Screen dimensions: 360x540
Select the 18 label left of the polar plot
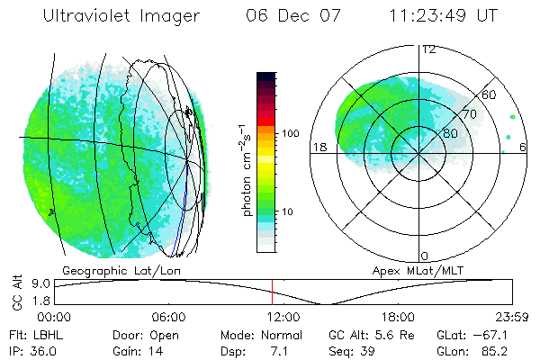coord(319,148)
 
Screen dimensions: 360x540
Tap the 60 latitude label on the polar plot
coord(490,94)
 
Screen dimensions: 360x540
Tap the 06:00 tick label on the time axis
coord(168,317)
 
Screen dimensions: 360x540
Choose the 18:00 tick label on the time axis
coord(397,317)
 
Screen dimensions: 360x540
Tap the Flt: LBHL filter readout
coord(31,335)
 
